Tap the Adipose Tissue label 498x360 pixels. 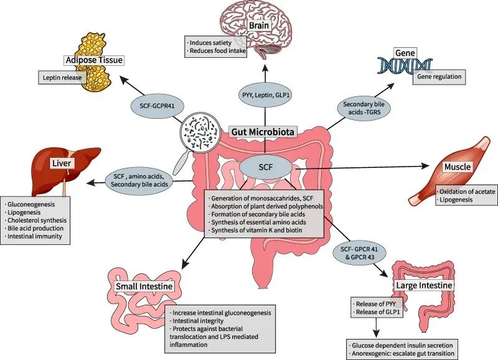[93, 60]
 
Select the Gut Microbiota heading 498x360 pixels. [262, 131]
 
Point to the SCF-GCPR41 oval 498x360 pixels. [154, 106]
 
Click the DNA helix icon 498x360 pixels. [405, 65]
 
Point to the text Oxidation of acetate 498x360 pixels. [467, 192]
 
